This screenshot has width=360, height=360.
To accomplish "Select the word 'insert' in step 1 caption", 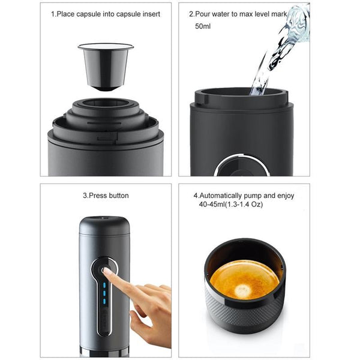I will [x=148, y=13].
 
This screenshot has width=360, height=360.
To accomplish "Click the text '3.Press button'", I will [x=106, y=196].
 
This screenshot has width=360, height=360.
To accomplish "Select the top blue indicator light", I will [x=104, y=287].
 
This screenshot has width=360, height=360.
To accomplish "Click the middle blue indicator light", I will [x=104, y=294].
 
